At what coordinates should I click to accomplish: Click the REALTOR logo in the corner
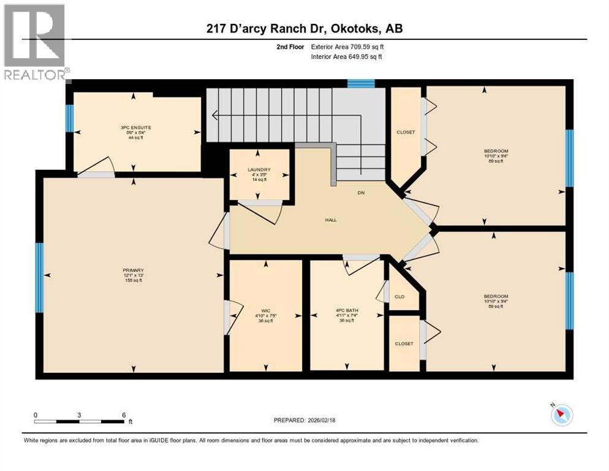(35, 42)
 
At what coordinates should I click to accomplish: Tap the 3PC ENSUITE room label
(136, 128)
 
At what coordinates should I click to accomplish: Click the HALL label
(331, 220)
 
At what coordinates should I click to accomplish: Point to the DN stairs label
(361, 193)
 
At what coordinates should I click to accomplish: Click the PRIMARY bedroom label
(133, 270)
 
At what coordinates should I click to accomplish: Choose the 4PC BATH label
(346, 311)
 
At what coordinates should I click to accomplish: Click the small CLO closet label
(399, 297)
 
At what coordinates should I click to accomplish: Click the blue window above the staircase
(360, 84)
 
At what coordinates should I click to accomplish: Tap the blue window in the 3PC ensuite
(69, 118)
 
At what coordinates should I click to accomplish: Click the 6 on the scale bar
(124, 415)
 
